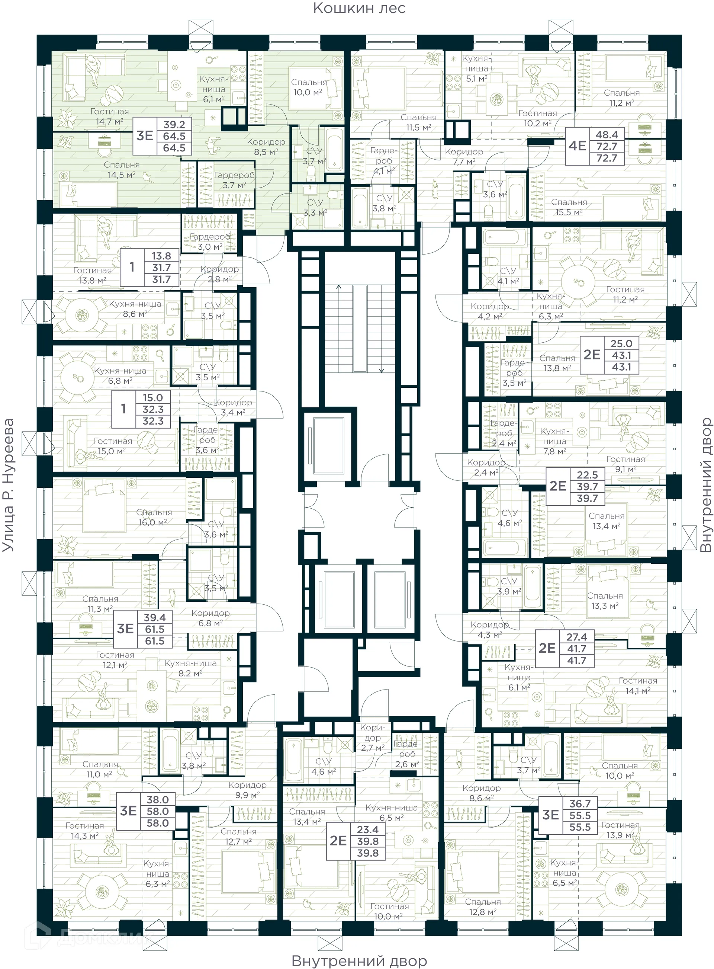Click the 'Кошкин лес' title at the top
(359, 8)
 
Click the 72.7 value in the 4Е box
(607, 146)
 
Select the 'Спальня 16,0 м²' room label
(154, 517)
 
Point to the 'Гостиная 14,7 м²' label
(109, 117)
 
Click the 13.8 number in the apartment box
(161, 256)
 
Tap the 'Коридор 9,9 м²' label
(247, 790)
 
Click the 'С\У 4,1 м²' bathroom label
(508, 276)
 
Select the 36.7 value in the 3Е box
(580, 803)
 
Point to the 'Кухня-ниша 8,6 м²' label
(135, 309)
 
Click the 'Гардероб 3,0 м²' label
(210, 242)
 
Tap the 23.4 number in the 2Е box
(367, 829)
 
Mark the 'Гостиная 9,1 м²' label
(625, 464)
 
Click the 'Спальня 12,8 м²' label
(483, 907)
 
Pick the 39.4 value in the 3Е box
(155, 617)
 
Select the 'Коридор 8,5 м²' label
(266, 147)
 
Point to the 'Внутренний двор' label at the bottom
(359, 960)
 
